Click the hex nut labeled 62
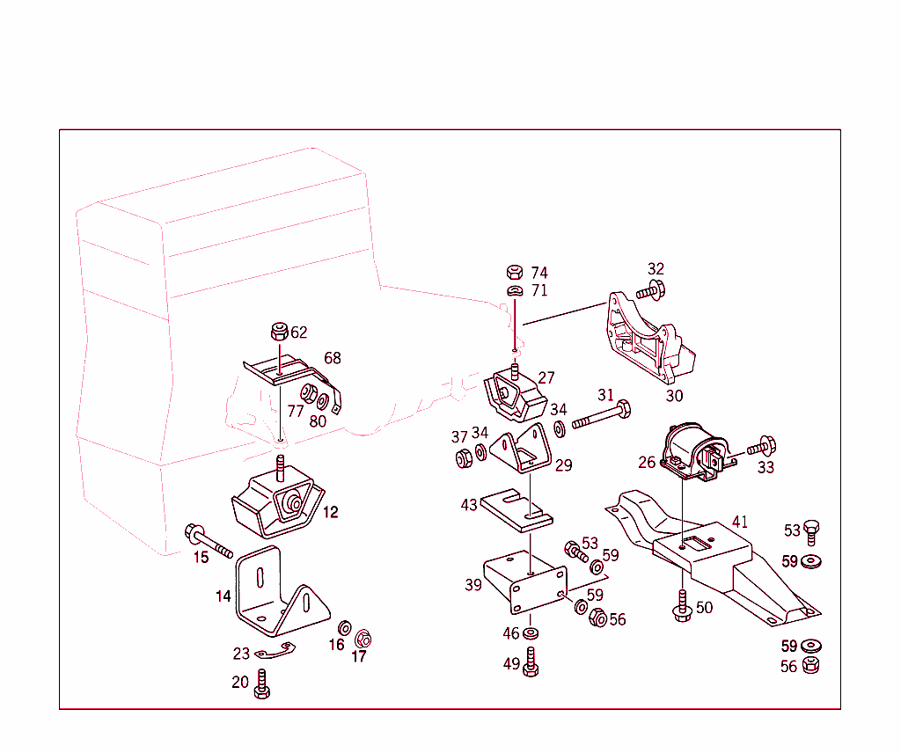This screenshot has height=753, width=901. pos(277,333)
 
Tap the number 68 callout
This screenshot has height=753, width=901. pos(333,359)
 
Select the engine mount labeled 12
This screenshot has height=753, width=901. pos(274,505)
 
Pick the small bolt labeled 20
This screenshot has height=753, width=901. pos(261,684)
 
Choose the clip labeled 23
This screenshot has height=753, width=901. pos(275,652)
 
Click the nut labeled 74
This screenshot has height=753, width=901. pos(516,272)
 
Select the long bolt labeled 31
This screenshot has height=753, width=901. pos(603,416)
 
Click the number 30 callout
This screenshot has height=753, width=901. pos(674,396)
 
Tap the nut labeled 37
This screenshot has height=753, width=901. pos(460,457)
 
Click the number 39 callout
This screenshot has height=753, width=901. pos(473,585)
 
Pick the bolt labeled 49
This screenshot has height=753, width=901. pos(531,662)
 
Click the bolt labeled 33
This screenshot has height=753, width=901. pos(760,449)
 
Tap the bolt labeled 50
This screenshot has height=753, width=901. pos(681,609)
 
